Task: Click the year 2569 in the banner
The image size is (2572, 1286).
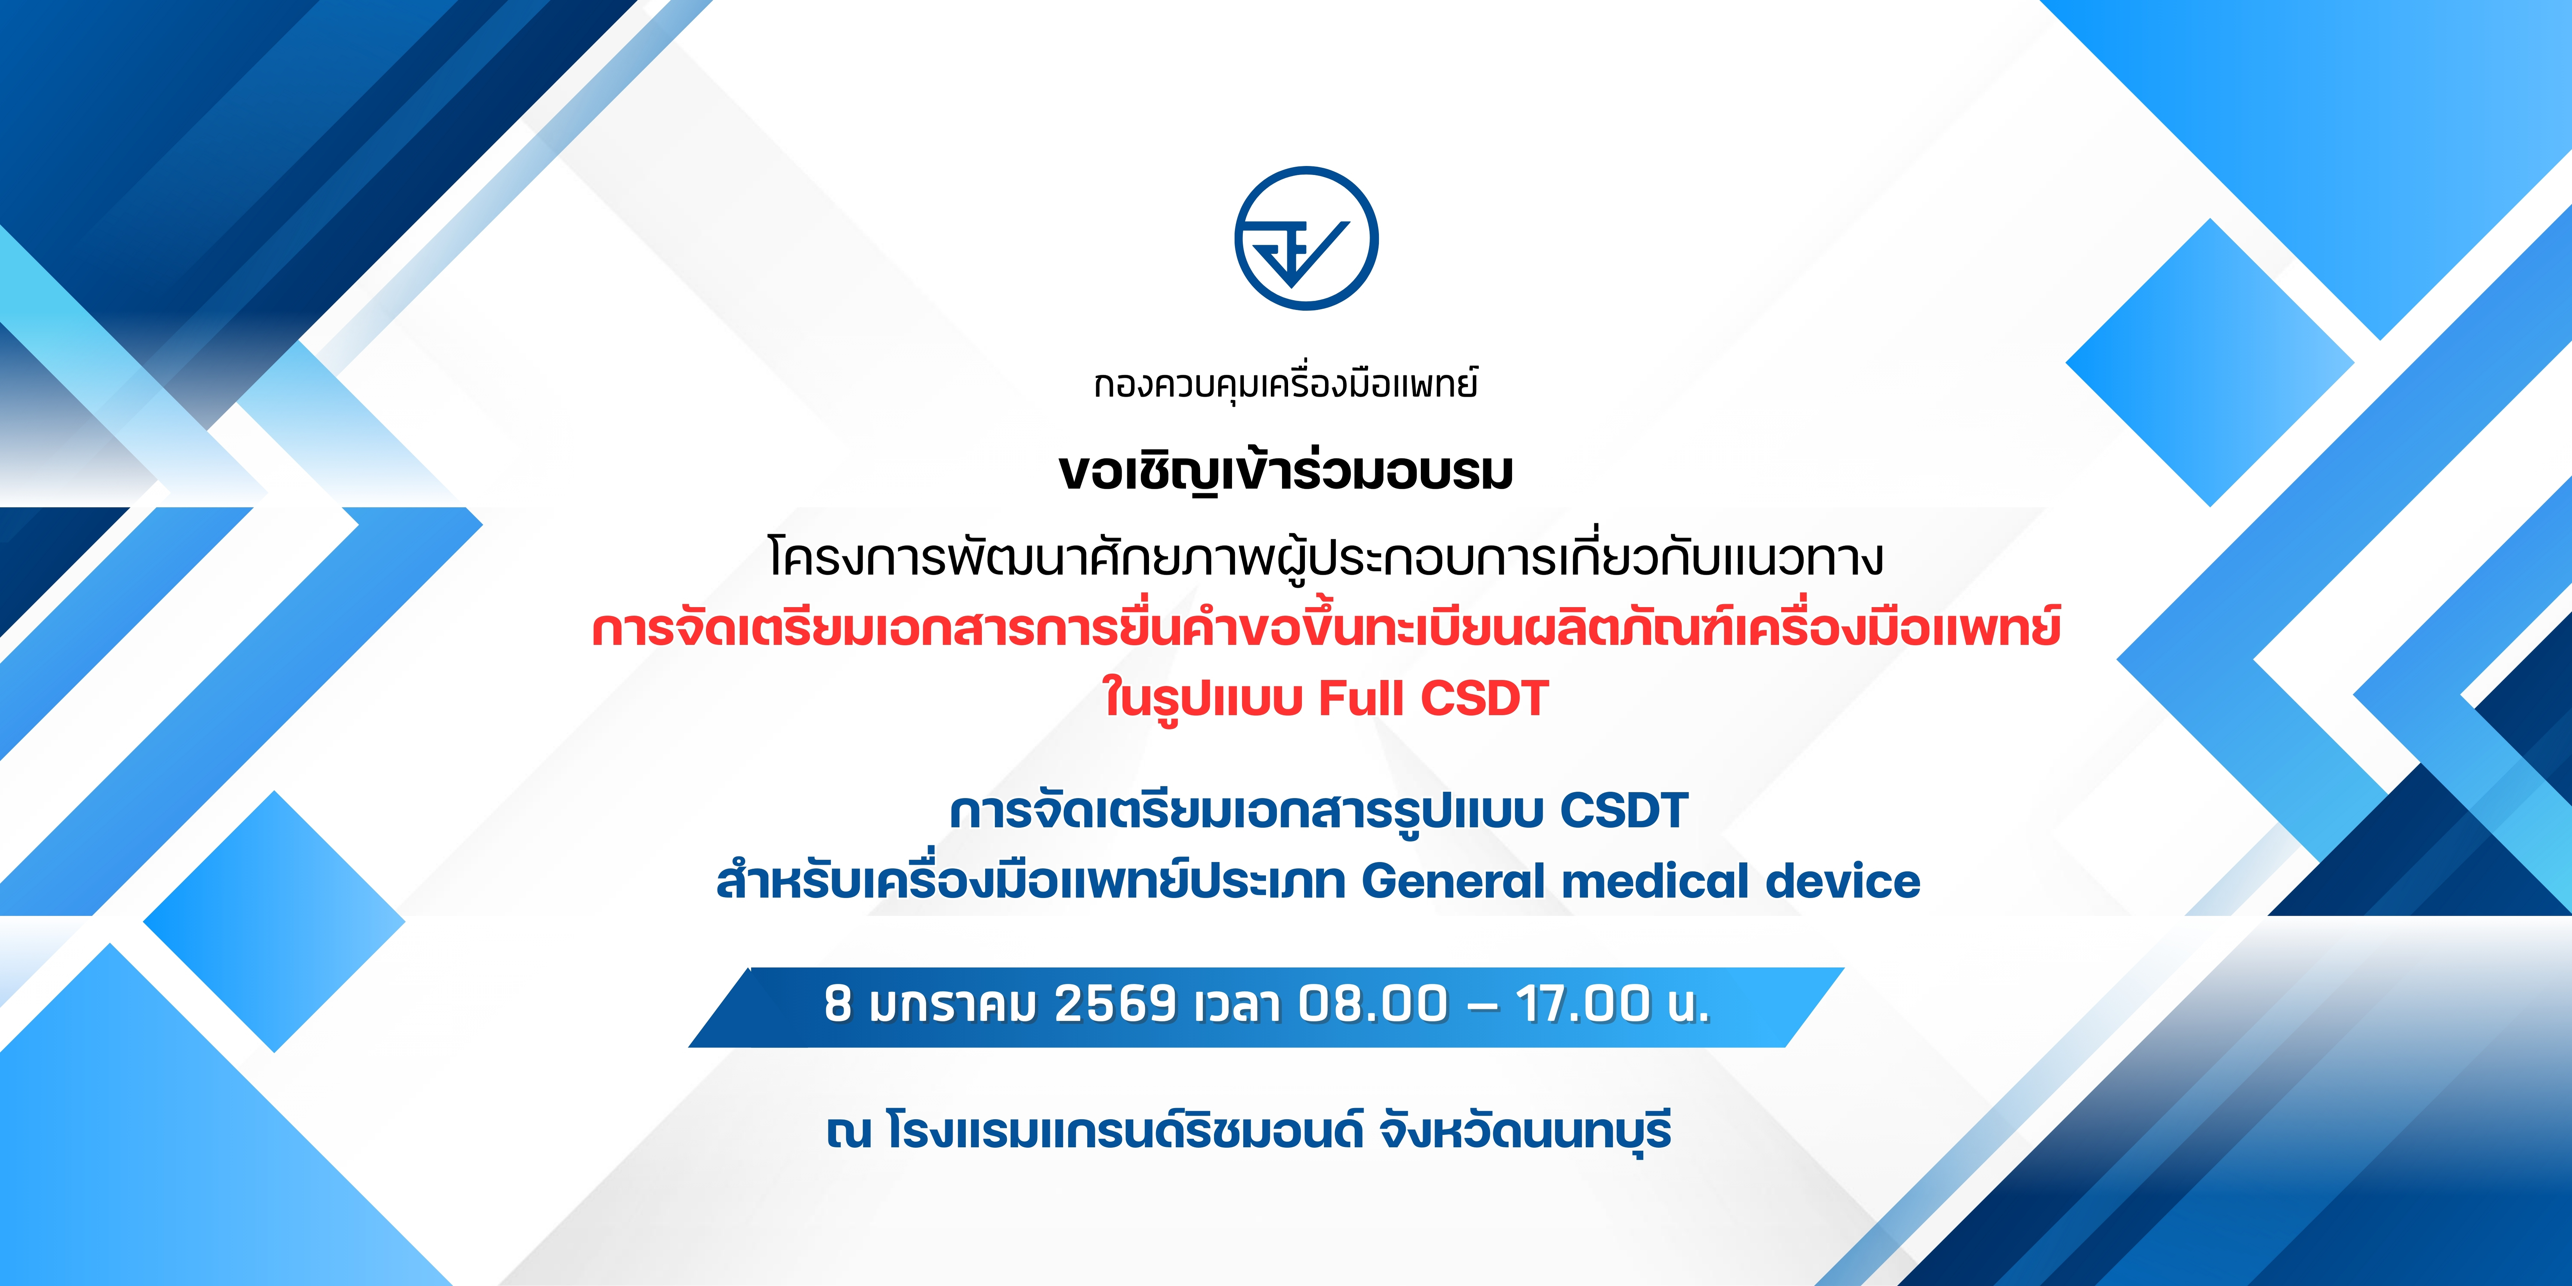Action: coord(1115,1004)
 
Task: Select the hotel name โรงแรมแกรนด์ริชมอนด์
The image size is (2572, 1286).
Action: coord(1124,1132)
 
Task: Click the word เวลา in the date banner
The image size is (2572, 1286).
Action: coord(1238,1004)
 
